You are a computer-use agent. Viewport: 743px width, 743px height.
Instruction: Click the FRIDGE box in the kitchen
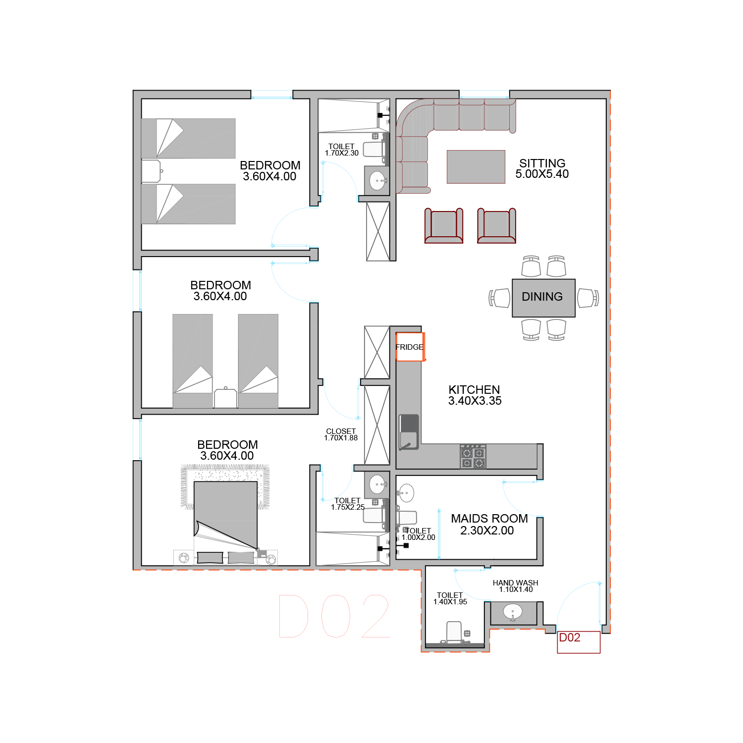(410, 347)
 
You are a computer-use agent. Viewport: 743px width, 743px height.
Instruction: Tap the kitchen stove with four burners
(473, 456)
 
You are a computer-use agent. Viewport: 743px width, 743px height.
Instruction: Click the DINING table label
(542, 297)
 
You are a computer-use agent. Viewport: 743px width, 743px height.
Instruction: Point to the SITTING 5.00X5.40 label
(542, 168)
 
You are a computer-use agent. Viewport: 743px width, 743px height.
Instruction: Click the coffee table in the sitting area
(476, 167)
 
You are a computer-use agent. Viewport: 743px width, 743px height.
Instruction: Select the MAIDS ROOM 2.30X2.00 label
(489, 525)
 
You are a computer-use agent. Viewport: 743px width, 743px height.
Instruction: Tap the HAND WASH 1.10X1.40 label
(516, 586)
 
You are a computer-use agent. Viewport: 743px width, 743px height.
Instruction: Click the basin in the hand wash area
(513, 612)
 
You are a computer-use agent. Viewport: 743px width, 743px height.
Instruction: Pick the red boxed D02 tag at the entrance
(579, 642)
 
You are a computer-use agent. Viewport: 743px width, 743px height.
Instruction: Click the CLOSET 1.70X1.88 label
(341, 434)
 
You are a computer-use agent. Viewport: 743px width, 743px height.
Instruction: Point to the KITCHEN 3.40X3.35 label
(475, 395)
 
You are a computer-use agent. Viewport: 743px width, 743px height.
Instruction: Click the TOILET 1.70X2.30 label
(342, 150)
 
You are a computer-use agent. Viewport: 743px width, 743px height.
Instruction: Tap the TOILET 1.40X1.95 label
(450, 598)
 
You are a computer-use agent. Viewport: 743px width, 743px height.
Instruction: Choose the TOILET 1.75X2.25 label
(348, 504)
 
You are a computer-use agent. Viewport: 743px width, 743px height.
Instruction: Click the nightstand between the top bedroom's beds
(152, 171)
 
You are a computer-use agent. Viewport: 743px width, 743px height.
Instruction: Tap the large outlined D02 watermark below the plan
(334, 616)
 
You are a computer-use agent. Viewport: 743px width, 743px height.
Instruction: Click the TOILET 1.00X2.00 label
(419, 534)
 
